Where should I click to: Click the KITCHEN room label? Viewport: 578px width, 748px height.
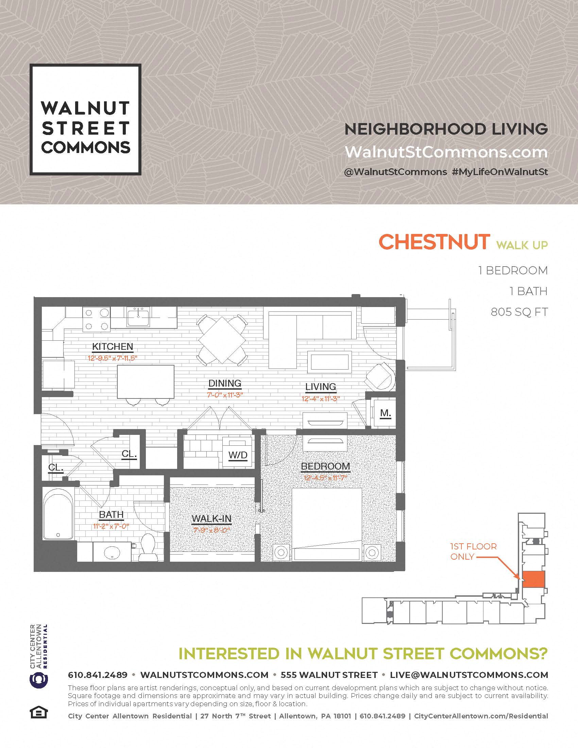pos(112,346)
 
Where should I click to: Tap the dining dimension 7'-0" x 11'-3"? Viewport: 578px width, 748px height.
pos(225,395)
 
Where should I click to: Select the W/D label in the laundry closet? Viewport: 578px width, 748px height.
pos(238,455)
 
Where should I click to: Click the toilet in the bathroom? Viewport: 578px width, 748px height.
pos(147,547)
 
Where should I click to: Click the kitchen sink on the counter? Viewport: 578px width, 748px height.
pos(138,317)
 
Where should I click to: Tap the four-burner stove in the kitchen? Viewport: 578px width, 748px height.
pos(97,319)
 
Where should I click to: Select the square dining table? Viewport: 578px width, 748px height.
pos(222,340)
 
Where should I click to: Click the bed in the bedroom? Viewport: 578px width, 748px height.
pos(327,524)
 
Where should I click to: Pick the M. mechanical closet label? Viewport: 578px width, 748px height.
pos(386,413)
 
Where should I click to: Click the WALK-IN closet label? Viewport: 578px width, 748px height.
pos(211,518)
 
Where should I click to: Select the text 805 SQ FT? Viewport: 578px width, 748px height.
pos(519,312)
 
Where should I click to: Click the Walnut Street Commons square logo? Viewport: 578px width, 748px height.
pos(86,120)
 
